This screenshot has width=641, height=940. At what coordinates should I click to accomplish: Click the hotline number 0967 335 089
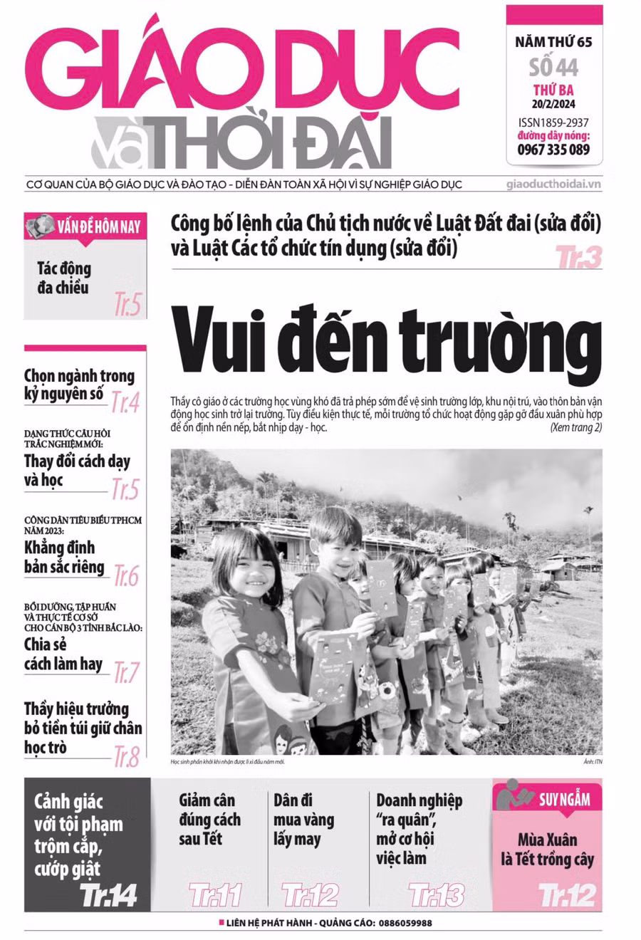pyautogui.click(x=553, y=150)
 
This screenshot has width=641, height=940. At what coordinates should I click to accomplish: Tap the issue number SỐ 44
pyautogui.click(x=553, y=67)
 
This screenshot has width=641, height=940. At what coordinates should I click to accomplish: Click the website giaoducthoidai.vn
pyautogui.click(x=553, y=184)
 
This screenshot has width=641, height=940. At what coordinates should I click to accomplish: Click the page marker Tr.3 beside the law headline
pyautogui.click(x=578, y=257)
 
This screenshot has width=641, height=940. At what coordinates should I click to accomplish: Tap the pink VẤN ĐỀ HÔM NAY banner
pyautogui.click(x=86, y=228)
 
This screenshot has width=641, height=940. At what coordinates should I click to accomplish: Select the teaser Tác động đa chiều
pyautogui.click(x=64, y=278)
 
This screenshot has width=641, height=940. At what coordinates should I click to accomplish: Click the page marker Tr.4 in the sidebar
pyautogui.click(x=125, y=403)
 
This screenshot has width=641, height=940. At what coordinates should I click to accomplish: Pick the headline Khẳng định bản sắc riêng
pyautogui.click(x=64, y=558)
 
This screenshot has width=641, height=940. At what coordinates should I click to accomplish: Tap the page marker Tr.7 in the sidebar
pyautogui.click(x=127, y=672)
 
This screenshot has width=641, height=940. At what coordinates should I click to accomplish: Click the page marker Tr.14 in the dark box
pyautogui.click(x=108, y=894)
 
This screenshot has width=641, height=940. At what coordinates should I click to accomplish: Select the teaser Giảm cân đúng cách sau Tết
pyautogui.click(x=209, y=819)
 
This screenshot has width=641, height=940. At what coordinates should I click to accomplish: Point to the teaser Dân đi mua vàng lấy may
pyautogui.click(x=303, y=819)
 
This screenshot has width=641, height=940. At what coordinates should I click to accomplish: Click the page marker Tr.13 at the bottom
pyautogui.click(x=436, y=894)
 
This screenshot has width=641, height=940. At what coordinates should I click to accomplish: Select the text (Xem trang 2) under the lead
pyautogui.click(x=575, y=428)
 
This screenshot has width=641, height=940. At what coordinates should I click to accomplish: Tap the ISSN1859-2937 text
pyautogui.click(x=553, y=122)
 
